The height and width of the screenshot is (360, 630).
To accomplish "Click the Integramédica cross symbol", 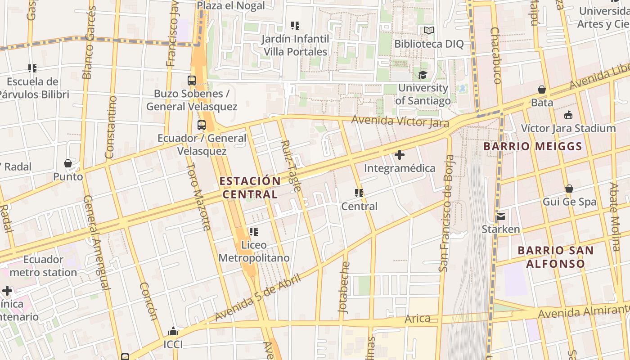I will [399, 155].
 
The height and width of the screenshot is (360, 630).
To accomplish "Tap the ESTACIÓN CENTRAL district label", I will [250, 188].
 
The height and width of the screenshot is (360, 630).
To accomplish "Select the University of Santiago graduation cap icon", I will [423, 75].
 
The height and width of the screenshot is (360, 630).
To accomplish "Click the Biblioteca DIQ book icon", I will [429, 31].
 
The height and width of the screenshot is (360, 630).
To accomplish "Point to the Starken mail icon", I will [501, 216].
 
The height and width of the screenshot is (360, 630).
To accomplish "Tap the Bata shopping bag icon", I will [542, 90].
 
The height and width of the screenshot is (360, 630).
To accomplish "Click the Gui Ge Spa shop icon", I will [569, 189].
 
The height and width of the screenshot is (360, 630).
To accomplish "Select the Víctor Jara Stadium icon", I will [568, 115].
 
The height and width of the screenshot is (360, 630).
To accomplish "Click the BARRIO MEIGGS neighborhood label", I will [533, 146].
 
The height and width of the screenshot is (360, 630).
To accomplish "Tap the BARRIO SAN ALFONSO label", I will [555, 257].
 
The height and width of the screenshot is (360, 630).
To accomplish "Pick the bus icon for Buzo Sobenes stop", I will [192, 81].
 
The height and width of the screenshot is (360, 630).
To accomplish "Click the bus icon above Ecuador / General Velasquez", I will [202, 125].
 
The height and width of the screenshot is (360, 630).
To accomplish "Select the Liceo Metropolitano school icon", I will [254, 232].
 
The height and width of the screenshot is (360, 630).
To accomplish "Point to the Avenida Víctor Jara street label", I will [400, 121].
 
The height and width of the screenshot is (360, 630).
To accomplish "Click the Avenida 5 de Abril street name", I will [252, 298].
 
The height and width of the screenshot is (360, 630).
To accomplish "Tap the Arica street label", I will [418, 319].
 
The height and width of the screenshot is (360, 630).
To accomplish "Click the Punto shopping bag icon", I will [68, 163].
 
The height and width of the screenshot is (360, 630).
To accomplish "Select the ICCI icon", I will [173, 332].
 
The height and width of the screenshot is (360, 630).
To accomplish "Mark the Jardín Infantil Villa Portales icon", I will [295, 26].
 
